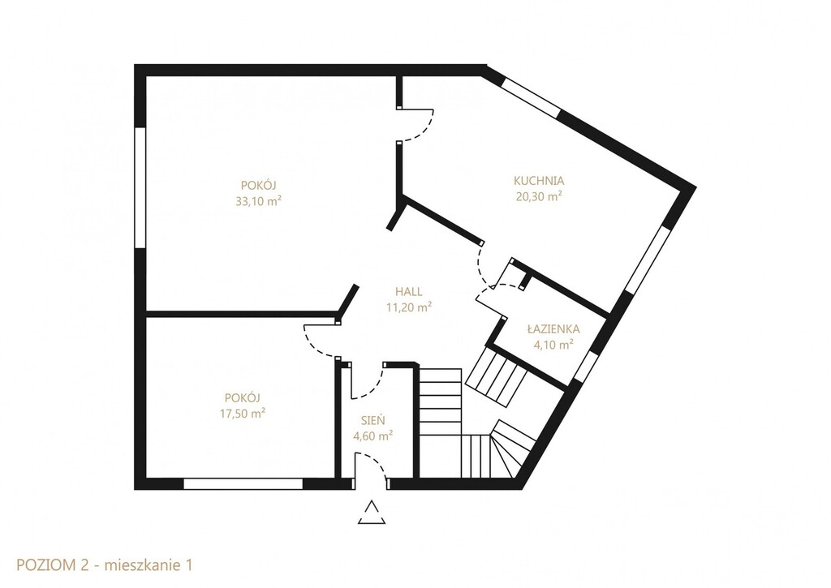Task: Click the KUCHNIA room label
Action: (x=539, y=181)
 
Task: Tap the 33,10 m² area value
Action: (x=259, y=201)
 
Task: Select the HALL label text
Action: (x=409, y=291)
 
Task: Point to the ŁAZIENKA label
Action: (x=553, y=329)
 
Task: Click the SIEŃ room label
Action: (x=373, y=421)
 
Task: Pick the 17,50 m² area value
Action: (x=243, y=413)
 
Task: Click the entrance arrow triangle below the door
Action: (x=372, y=513)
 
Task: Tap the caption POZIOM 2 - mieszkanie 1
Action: (x=105, y=564)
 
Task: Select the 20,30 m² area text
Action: (x=539, y=196)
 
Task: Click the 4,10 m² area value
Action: (x=553, y=345)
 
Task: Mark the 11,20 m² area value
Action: (x=409, y=307)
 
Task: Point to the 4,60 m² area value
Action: (x=373, y=436)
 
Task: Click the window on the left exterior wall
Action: (x=140, y=187)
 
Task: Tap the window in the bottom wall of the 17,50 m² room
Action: (x=243, y=483)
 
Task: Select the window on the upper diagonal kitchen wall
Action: (x=531, y=98)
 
